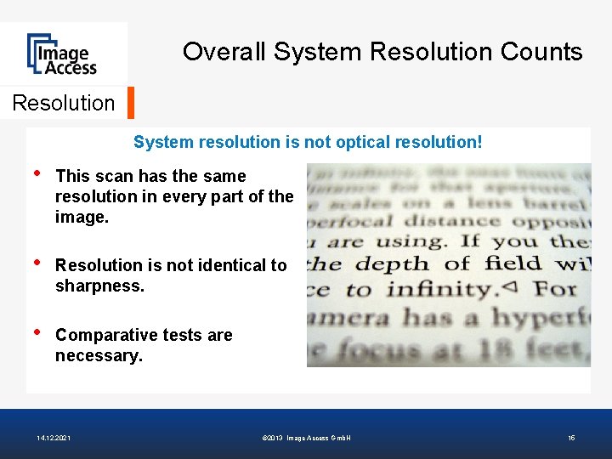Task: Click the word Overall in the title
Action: tap(224, 52)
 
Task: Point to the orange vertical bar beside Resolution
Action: tap(130, 103)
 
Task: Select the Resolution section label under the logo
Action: tap(64, 103)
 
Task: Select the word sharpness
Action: tap(99, 286)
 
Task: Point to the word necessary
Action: tap(98, 355)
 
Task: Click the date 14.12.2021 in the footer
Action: tap(54, 438)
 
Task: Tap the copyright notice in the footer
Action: tap(308, 438)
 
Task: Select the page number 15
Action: tap(571, 438)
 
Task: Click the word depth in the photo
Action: tap(399, 263)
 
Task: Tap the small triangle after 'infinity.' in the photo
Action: tap(509, 287)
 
